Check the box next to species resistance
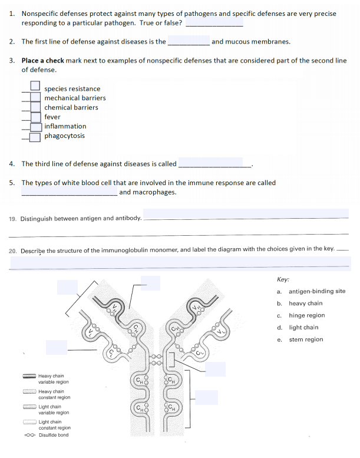tap(36, 88)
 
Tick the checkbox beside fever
tap(36, 117)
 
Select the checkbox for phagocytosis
tap(36, 136)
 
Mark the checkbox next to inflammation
tap(36, 126)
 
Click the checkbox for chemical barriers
tap(36, 107)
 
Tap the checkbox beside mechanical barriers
tap(36, 97)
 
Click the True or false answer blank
tap(214, 24)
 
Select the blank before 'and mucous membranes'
tap(189, 42)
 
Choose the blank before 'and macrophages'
tap(69, 192)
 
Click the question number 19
tap(13, 219)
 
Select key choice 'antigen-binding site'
tap(317, 291)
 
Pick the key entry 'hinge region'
tap(306, 315)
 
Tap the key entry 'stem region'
tap(306, 340)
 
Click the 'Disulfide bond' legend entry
tap(53, 435)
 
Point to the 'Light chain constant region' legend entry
tap(54, 425)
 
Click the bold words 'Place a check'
tap(42, 61)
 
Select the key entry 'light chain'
tap(303, 327)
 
